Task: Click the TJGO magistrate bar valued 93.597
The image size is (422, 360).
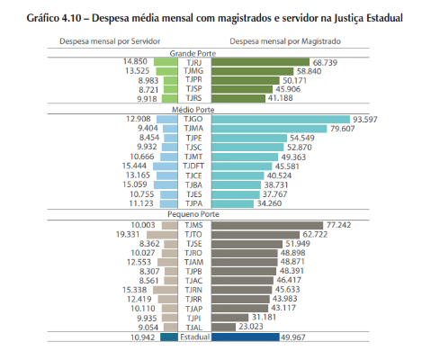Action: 281,120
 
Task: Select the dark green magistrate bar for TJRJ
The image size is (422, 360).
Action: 260,62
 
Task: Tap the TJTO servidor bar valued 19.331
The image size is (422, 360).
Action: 162,235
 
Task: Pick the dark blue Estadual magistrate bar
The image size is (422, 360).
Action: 246,337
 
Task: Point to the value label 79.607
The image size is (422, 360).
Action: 342,129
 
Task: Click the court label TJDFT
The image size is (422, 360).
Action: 193,166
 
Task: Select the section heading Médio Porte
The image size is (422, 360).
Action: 193,110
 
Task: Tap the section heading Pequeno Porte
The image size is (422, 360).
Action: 193,214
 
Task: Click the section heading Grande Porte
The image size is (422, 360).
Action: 193,53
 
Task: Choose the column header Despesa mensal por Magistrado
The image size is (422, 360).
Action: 285,41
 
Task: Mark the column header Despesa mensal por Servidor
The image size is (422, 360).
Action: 110,41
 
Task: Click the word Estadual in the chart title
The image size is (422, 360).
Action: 384,18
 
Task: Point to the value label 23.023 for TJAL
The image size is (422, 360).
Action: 251,327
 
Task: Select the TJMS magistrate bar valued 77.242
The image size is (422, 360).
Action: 267,225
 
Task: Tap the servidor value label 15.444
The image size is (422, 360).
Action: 134,166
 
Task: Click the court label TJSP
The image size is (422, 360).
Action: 193,89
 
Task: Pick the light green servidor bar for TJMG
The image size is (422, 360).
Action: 166,71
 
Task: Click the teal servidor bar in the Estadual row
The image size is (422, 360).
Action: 169,337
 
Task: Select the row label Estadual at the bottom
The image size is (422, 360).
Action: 194,337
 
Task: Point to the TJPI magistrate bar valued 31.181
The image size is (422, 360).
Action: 229,318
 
